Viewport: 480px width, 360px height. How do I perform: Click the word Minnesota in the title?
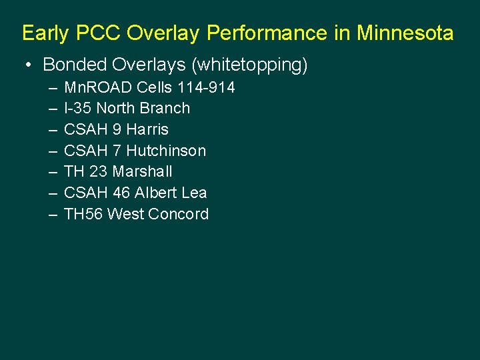coord(405,33)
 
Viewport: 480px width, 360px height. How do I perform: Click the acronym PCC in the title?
coord(101,33)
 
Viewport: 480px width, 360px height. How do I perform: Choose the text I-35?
coord(78,108)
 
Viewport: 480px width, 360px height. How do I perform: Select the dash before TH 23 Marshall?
coord(53,171)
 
